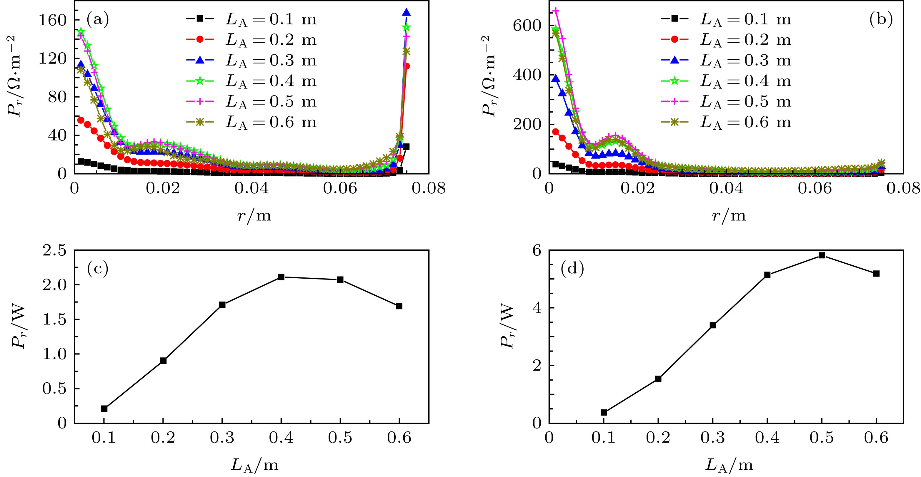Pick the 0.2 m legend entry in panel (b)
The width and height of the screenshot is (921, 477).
point(726,40)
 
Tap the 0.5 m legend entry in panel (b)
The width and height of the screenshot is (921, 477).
point(726,102)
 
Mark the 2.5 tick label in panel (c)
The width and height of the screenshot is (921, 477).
point(55,250)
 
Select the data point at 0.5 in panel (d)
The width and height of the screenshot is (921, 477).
point(822,255)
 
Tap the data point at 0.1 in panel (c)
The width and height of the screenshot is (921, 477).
point(104,409)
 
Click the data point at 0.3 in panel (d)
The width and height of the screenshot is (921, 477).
point(712,325)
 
